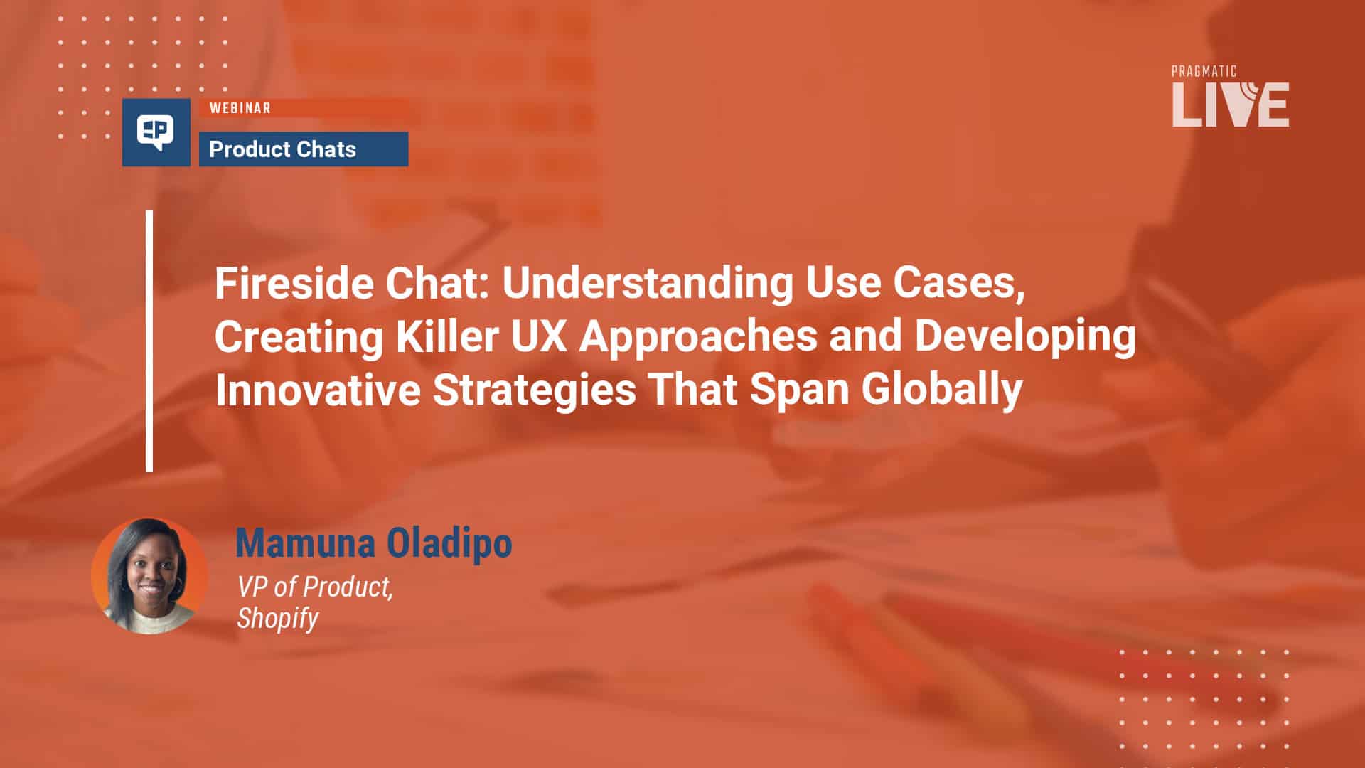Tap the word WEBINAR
click(240, 108)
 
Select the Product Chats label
click(283, 149)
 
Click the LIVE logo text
click(1231, 105)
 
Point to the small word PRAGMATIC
click(1204, 71)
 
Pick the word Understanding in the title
click(648, 284)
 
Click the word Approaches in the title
click(698, 338)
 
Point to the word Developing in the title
click(1025, 338)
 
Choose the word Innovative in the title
click(318, 390)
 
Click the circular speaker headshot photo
click(150, 576)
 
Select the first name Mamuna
click(306, 543)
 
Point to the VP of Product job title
click(315, 587)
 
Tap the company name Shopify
click(277, 619)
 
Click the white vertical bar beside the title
click(149, 341)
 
